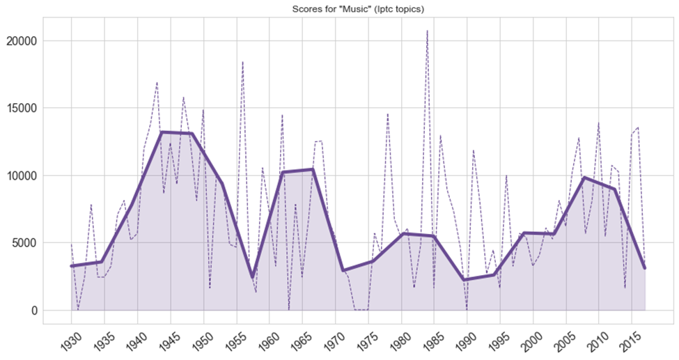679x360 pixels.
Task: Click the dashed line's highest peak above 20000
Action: pos(427,31)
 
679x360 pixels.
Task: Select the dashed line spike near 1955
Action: pos(242,62)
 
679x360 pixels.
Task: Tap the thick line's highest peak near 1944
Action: pos(162,132)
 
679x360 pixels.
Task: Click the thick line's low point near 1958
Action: pos(253,277)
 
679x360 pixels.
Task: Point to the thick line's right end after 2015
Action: pos(645,267)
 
